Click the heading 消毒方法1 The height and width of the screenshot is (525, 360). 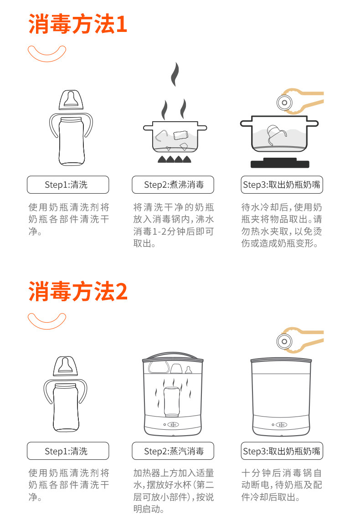point(77,24)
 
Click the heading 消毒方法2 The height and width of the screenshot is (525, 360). point(77,291)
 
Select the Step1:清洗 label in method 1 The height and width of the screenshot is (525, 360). point(68,185)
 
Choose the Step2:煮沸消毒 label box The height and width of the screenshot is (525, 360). point(173,185)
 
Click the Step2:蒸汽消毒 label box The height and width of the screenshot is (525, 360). point(173,451)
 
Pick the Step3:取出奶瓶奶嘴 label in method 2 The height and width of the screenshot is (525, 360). point(282,451)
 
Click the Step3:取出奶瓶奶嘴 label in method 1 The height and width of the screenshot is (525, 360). point(282,185)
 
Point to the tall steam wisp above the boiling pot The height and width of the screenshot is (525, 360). point(175,74)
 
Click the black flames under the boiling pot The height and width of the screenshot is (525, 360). point(175,160)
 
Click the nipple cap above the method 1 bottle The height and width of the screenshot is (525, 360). point(71,100)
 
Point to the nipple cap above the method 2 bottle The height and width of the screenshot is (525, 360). point(66,366)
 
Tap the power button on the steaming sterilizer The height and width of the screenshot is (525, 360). point(173,425)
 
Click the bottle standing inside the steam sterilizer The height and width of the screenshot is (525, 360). point(172,402)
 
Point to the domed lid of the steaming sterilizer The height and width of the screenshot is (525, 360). point(173,356)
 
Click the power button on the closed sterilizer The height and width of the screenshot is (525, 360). point(281,425)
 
